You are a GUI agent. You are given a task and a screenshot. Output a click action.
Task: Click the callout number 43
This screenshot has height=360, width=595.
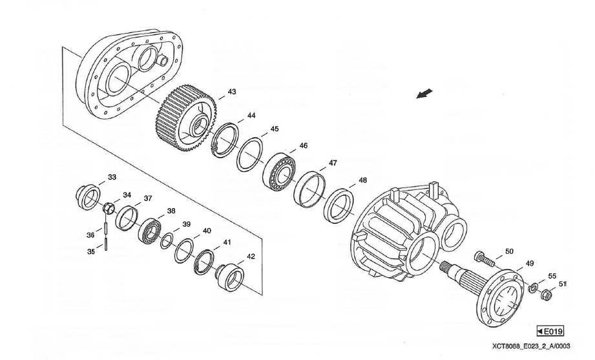232,92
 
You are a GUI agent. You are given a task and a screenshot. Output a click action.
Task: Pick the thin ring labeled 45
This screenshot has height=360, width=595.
249,154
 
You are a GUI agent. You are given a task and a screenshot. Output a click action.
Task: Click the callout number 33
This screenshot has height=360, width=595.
112,176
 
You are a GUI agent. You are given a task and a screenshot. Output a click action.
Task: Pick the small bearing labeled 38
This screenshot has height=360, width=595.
149,229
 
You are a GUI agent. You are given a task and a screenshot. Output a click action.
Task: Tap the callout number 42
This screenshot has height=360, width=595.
251,257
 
